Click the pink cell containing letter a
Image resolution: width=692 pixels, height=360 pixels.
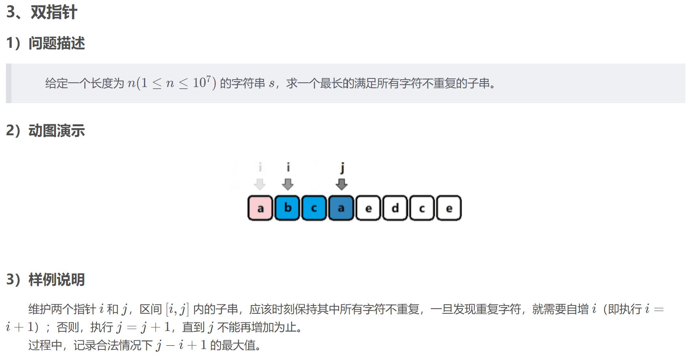click(x=260, y=208)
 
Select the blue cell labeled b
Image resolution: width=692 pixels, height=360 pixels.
click(x=287, y=208)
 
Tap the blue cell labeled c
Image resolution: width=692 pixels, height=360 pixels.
click(x=314, y=208)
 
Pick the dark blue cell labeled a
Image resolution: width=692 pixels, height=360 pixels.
click(x=341, y=208)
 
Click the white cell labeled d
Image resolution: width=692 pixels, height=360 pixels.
click(x=395, y=208)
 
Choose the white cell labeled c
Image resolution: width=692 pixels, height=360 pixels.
click(x=422, y=208)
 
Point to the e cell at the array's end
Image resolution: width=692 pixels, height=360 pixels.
click(x=449, y=208)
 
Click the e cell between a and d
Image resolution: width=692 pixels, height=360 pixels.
click(x=368, y=208)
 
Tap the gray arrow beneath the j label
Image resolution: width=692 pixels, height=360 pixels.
click(x=342, y=184)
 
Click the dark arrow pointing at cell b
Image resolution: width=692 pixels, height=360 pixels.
click(x=288, y=184)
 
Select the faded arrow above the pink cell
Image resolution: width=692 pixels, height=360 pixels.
click(x=260, y=184)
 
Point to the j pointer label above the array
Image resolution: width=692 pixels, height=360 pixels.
click(x=342, y=167)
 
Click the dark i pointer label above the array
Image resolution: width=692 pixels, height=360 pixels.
click(x=288, y=167)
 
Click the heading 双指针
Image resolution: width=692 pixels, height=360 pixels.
click(x=54, y=12)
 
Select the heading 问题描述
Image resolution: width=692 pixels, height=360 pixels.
click(x=56, y=43)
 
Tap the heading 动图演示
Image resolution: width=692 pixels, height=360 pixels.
click(x=56, y=131)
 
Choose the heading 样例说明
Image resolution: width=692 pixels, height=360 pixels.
click(x=56, y=280)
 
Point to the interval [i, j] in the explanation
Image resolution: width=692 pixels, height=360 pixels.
click(x=177, y=309)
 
